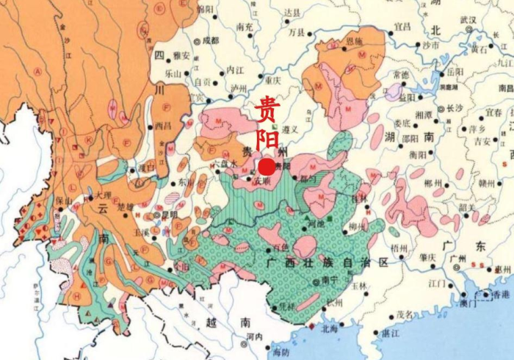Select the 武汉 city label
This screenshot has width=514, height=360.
(x=469, y=18)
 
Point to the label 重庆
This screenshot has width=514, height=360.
(x=273, y=80)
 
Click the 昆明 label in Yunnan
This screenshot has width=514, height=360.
(x=170, y=215)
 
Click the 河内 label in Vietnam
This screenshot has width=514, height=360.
(x=255, y=336)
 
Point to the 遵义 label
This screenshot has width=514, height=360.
(x=289, y=129)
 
